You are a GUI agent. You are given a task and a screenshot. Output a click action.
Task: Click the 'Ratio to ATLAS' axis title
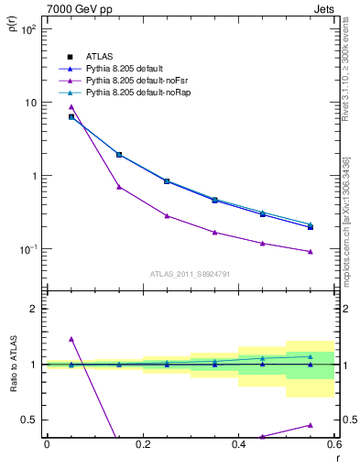click(x=13, y=365)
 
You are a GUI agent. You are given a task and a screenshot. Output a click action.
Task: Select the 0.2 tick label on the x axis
click(x=143, y=444)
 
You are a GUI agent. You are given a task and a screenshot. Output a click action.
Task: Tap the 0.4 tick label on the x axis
click(x=238, y=444)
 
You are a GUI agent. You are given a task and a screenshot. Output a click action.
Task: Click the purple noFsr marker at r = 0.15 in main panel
click(x=119, y=187)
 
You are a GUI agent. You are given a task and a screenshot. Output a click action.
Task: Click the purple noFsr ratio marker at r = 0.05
click(x=71, y=339)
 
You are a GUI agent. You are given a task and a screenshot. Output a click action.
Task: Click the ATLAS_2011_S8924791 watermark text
click(x=188, y=274)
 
